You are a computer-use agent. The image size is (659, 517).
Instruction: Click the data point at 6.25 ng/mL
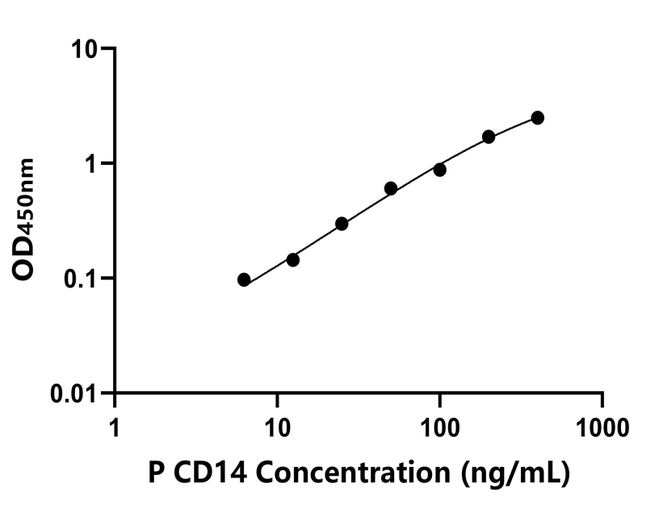point(244,280)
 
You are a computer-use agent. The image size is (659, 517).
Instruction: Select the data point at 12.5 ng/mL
point(293,260)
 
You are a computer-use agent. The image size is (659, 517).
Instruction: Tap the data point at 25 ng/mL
point(342,224)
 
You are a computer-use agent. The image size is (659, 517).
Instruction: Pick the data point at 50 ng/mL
point(391,188)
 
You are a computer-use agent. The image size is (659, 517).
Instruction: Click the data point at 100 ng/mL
point(440,170)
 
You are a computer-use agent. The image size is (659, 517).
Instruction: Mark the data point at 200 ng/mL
point(489,137)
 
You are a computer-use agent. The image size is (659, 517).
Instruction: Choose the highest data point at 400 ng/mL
point(538,118)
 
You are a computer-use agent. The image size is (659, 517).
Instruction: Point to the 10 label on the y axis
point(82,49)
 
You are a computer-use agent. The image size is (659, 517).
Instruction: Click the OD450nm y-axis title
point(26,219)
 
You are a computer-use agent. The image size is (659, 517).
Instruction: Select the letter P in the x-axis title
point(155,473)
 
